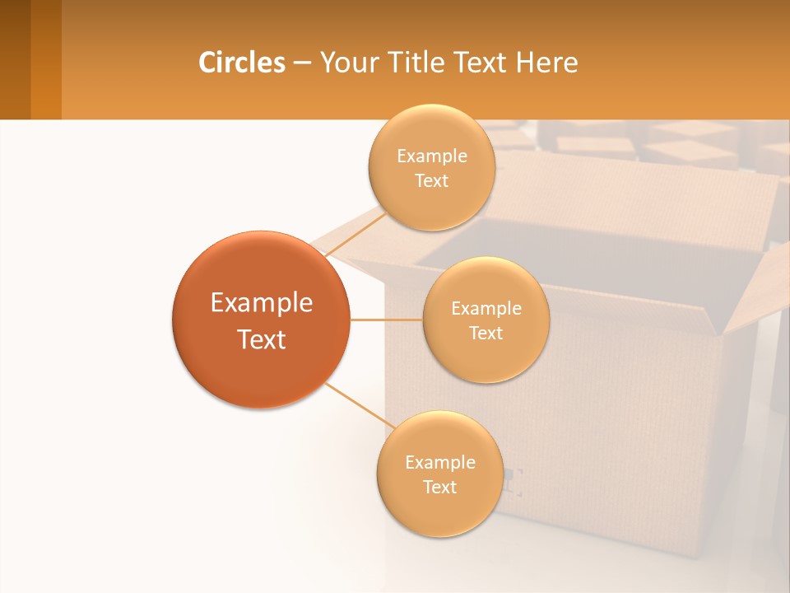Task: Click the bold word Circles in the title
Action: (241, 63)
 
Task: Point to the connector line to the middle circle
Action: (386, 320)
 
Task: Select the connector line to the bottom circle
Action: (360, 405)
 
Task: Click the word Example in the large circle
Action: (262, 303)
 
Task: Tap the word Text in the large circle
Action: (262, 339)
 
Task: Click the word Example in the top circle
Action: (432, 156)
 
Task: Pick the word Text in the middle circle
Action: (486, 333)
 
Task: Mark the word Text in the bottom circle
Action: (439, 487)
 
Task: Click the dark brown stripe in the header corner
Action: (15, 59)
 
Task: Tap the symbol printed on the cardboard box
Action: (514, 482)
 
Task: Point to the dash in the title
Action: (302, 63)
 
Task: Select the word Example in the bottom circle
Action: (440, 462)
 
